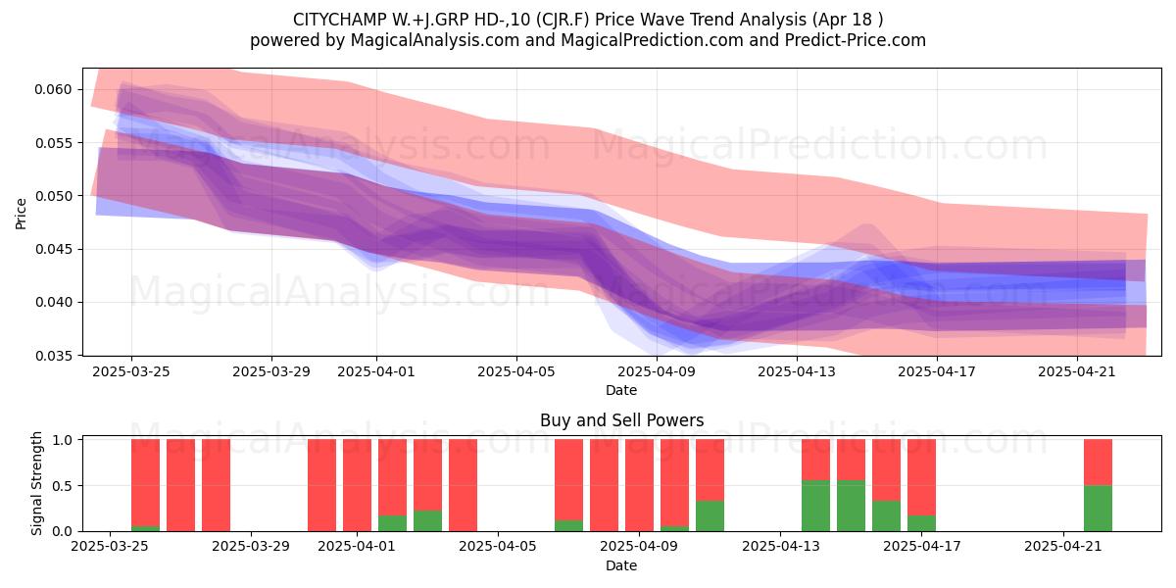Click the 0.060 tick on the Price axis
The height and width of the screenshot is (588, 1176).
(53, 89)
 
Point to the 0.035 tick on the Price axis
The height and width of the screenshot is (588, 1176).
(53, 356)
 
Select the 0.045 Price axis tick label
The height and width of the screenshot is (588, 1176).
(53, 249)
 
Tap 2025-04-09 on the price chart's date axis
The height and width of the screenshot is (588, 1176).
(657, 371)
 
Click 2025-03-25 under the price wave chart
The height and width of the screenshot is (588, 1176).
(131, 371)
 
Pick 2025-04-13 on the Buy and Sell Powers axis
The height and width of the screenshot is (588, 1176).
(781, 546)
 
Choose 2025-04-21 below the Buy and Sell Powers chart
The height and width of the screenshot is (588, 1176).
(1063, 546)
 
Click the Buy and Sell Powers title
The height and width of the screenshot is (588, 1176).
(621, 420)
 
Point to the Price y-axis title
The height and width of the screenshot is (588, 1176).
(21, 214)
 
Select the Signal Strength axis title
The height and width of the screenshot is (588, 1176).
(36, 483)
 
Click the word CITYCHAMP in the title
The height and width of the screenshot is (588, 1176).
(339, 20)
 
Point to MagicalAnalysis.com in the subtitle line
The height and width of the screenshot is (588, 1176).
(435, 40)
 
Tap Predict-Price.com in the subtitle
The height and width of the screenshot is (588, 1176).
(856, 40)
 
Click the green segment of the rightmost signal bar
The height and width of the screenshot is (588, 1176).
(1098, 509)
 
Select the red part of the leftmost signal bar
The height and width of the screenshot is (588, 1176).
(145, 482)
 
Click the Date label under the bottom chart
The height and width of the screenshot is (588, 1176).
(621, 566)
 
